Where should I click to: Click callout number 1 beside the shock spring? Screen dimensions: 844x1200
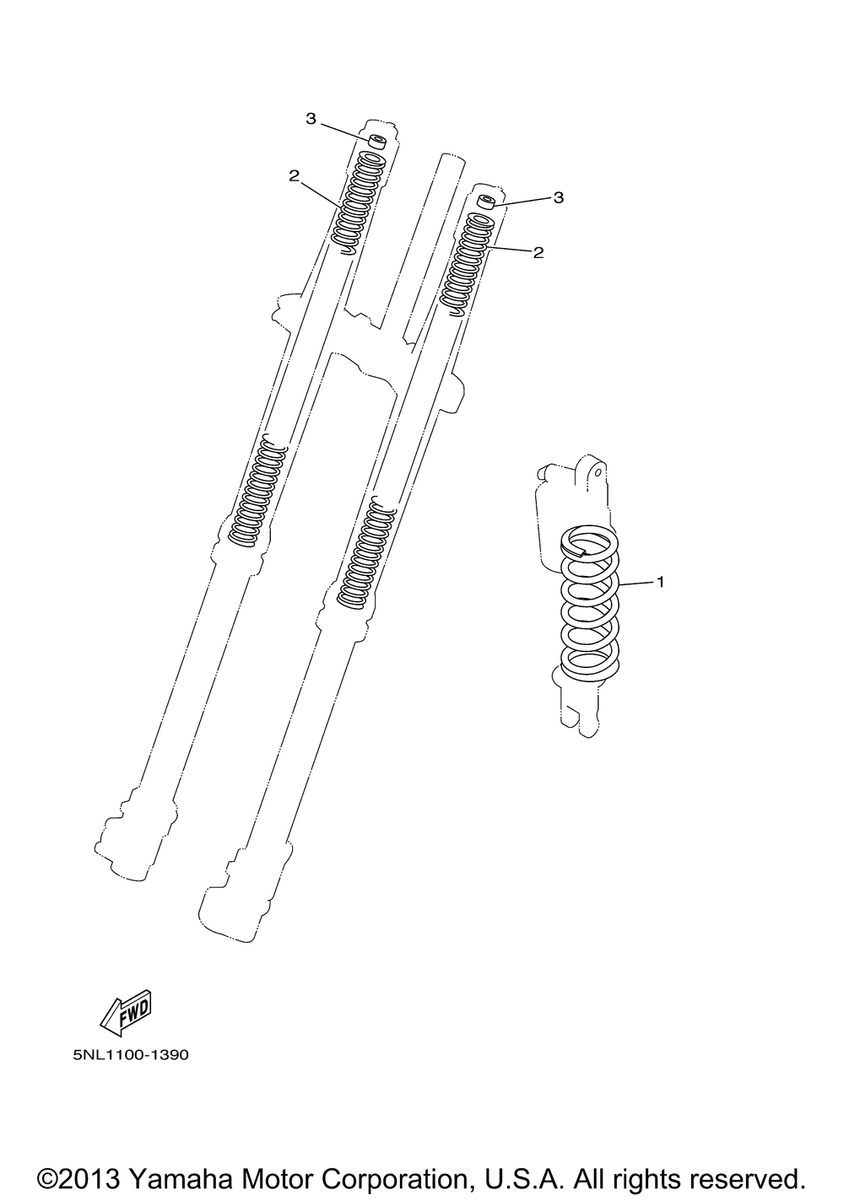[660, 581]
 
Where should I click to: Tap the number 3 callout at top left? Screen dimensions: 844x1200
[311, 119]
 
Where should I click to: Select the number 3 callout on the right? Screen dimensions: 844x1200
[558, 197]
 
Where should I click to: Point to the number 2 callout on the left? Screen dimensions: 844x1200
[294, 175]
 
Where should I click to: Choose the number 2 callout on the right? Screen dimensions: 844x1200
[538, 252]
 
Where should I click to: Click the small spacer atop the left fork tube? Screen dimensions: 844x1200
[377, 143]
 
